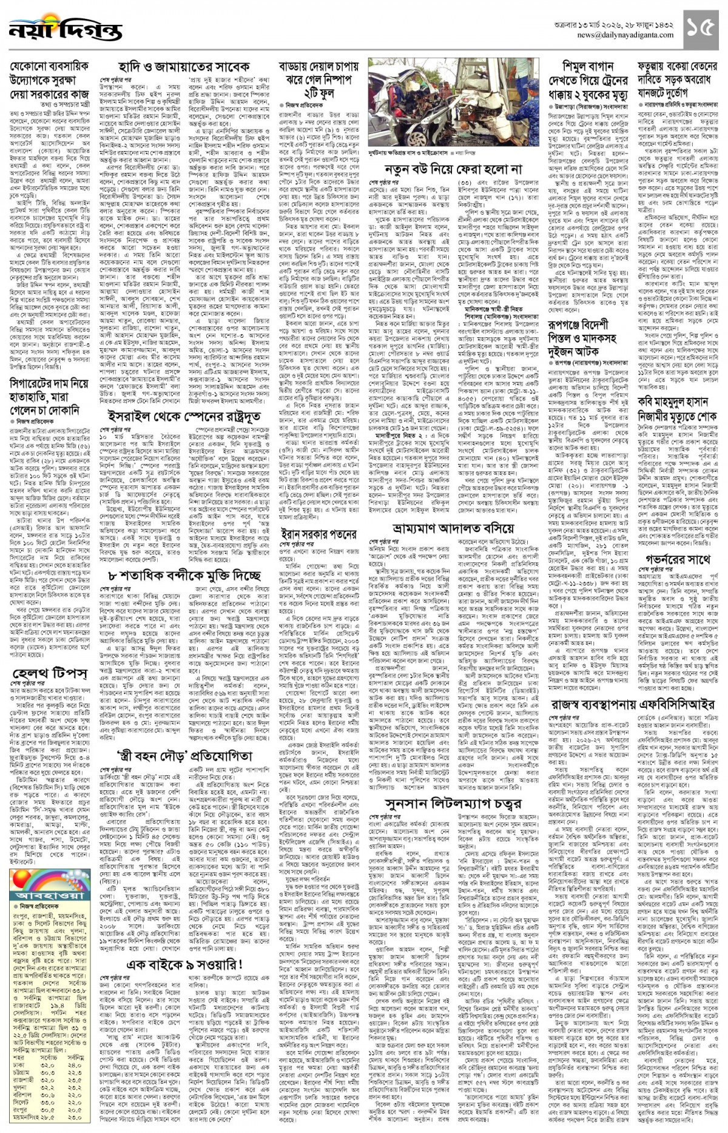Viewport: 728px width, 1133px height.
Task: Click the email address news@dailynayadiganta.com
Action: click(x=625, y=35)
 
